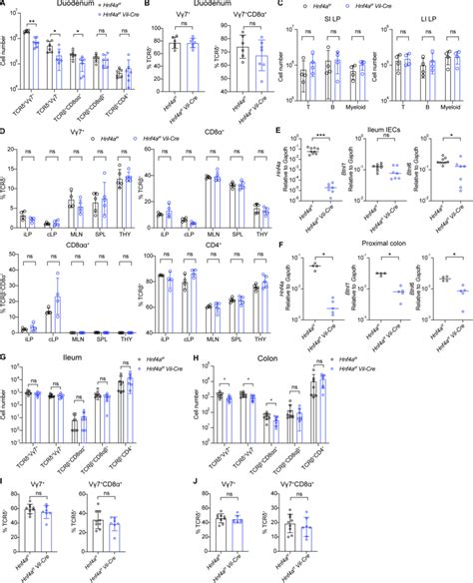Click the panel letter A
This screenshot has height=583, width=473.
click(5, 6)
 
